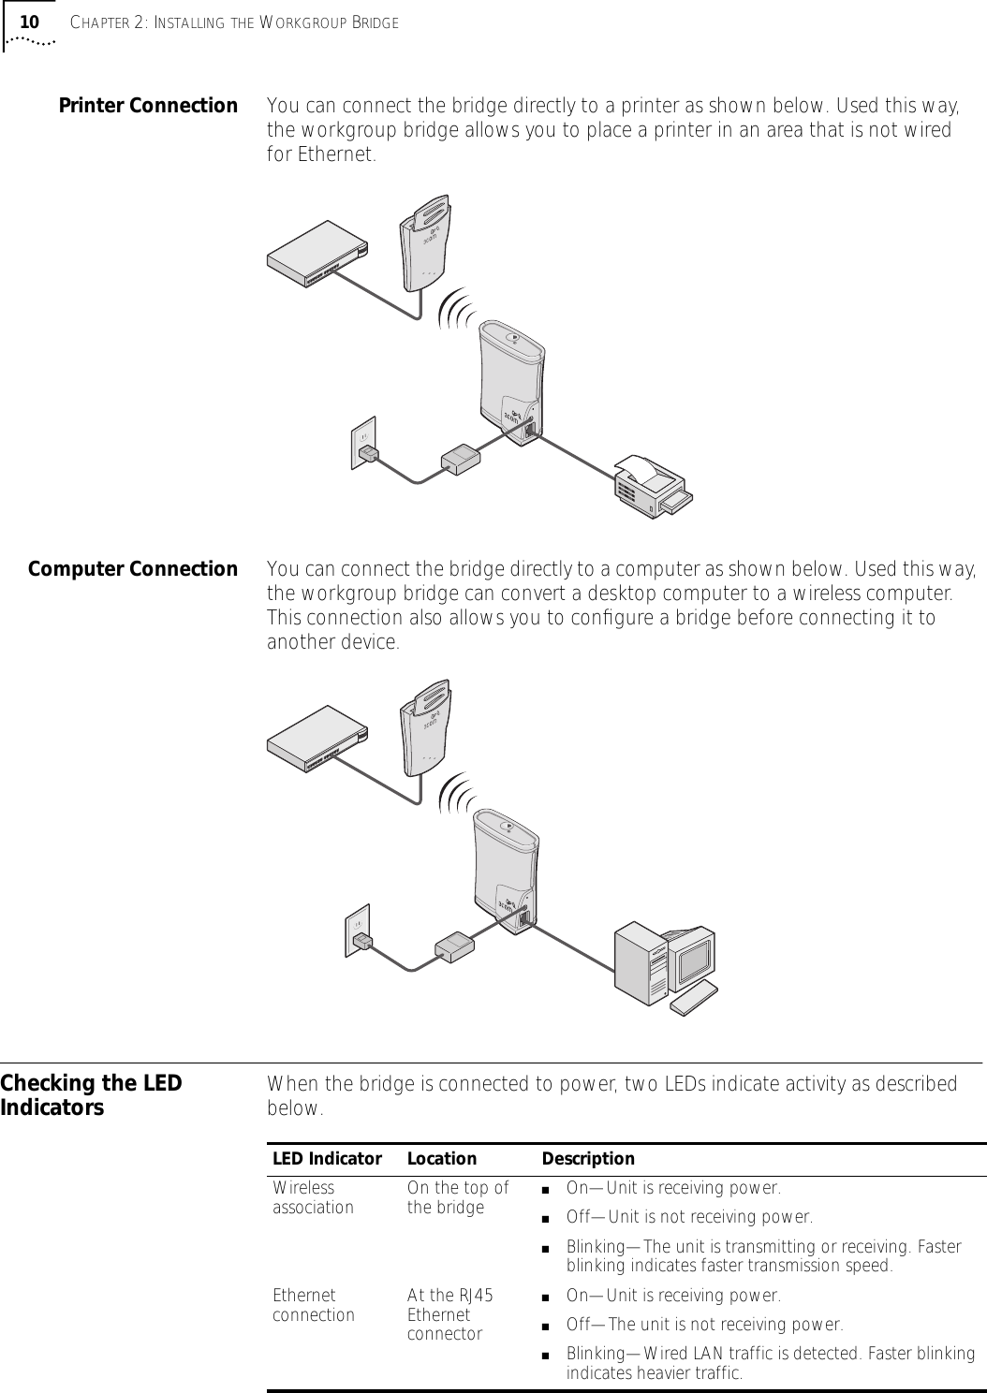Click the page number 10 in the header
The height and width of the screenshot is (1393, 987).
tap(30, 22)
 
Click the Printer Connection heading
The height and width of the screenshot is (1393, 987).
tap(148, 105)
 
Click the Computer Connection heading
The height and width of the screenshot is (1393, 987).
tap(133, 569)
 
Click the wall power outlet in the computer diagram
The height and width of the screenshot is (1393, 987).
tap(357, 928)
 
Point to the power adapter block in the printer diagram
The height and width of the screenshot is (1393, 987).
tap(460, 459)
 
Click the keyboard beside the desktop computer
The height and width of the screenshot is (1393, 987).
tap(694, 999)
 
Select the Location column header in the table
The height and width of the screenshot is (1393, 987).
tap(441, 1159)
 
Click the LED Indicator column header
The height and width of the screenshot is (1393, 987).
tap(327, 1159)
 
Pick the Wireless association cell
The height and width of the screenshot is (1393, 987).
tap(313, 1197)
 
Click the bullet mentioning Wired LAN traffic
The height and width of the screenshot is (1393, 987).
tap(770, 1364)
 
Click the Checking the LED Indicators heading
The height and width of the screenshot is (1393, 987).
tap(92, 1095)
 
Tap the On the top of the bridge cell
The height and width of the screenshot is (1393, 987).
tap(458, 1197)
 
